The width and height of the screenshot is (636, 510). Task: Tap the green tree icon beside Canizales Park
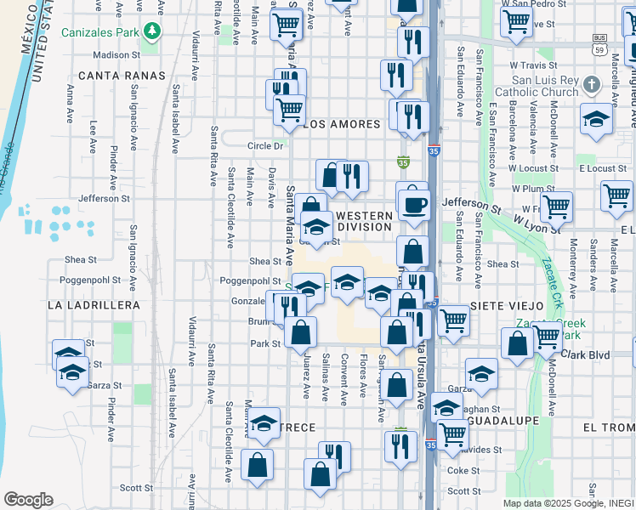[x=152, y=31]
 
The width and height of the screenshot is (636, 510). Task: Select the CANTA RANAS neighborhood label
[x=109, y=76]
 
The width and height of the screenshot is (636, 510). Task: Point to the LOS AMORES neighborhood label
[x=342, y=124]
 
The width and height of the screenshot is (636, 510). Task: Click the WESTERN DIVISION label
[x=365, y=222]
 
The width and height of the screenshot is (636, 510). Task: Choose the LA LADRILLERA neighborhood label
[x=94, y=304]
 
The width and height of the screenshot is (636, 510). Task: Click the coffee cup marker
[x=414, y=205]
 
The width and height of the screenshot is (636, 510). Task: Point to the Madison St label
[x=116, y=54]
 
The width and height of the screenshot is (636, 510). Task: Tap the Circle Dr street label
[x=265, y=145]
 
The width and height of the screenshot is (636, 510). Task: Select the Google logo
[x=28, y=500]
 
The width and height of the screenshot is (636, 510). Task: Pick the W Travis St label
[x=533, y=65]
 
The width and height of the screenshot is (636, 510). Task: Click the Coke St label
[x=463, y=470]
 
